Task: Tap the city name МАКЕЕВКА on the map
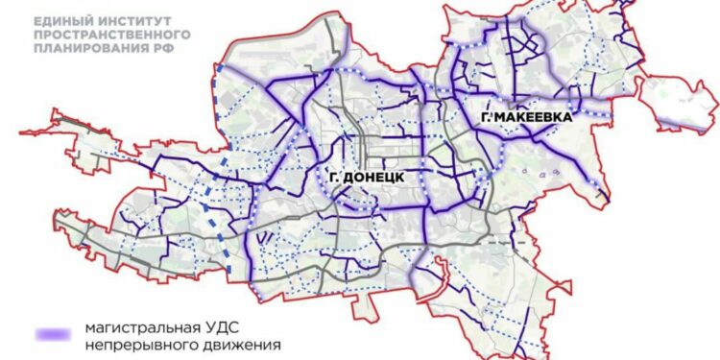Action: (536, 116)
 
